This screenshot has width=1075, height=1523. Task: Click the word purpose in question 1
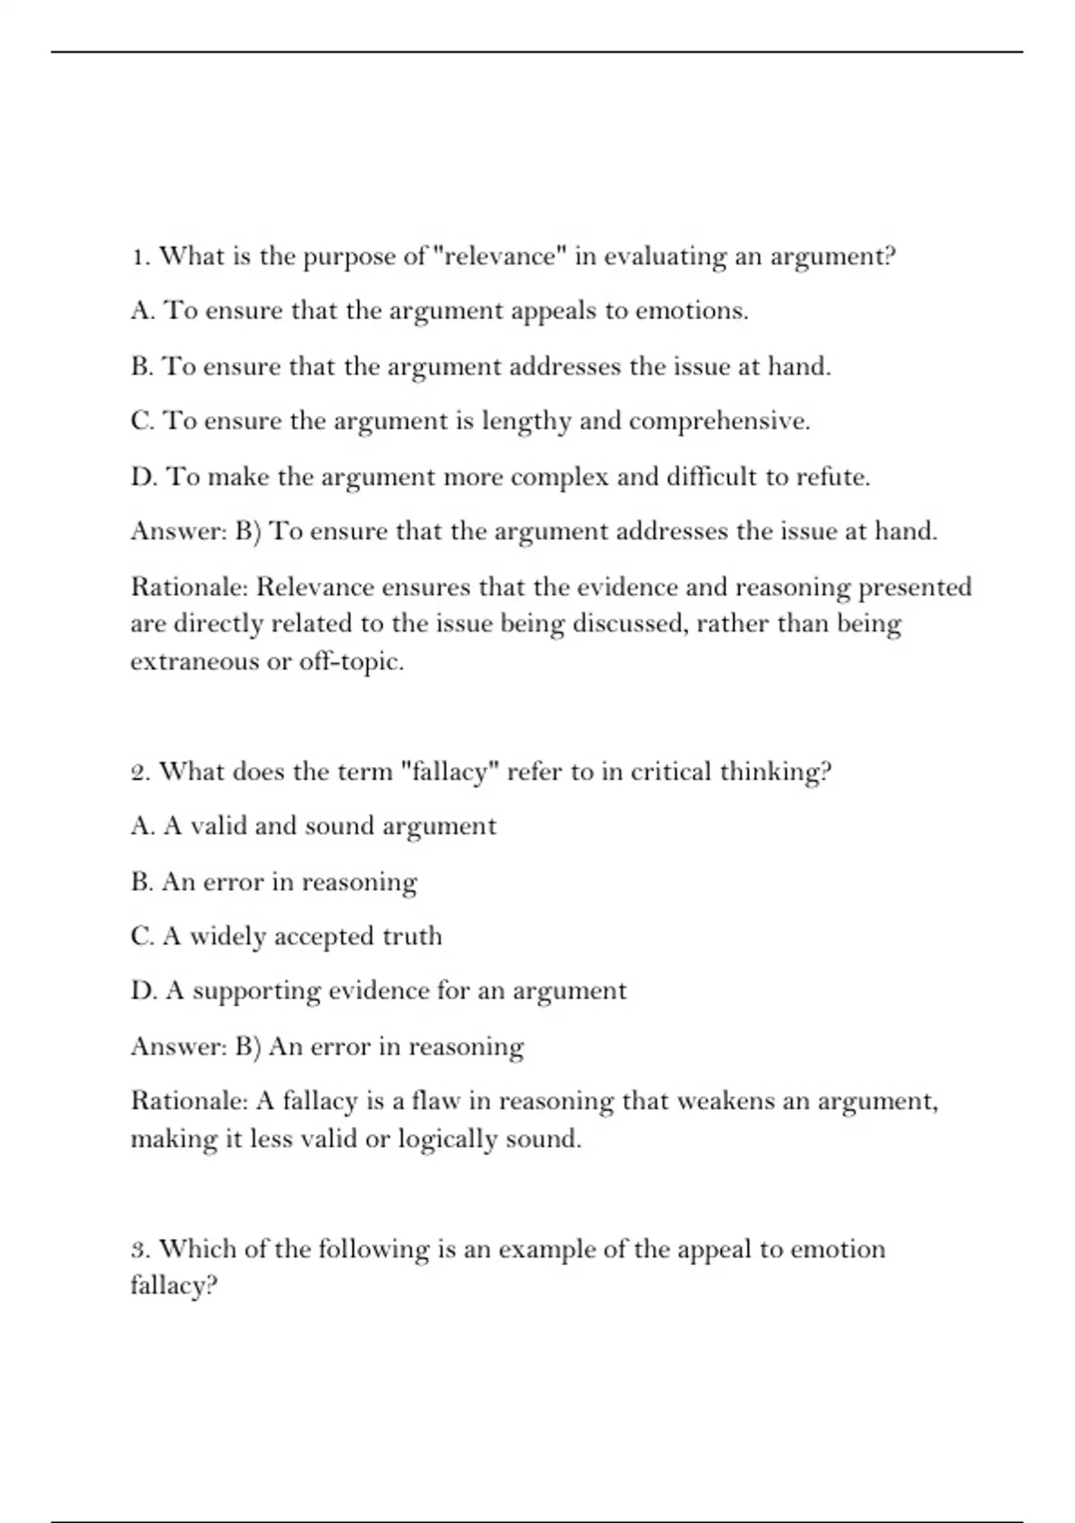(350, 257)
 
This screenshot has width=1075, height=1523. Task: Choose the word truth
(412, 936)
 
